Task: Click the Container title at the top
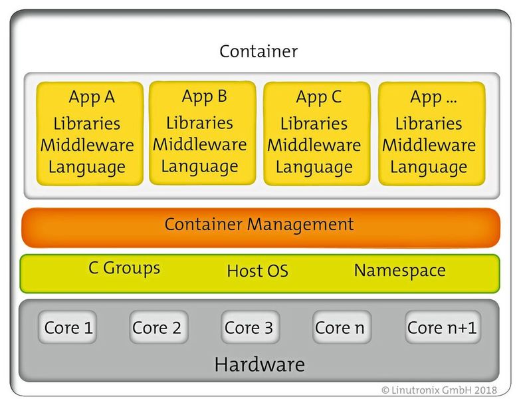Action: coord(259,51)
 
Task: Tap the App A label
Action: coord(92,97)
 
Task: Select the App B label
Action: coord(204,96)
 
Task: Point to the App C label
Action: coord(318,97)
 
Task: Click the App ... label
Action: coord(433,97)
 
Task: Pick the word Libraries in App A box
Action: coord(87,124)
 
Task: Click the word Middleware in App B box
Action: coord(200,144)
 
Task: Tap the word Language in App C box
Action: coord(314,167)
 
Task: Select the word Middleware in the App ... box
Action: coord(429,145)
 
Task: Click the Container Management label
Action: coord(259,224)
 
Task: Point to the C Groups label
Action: coord(124,268)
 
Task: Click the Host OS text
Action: coord(257,271)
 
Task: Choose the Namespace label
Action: coord(399,271)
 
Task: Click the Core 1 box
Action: coord(68,328)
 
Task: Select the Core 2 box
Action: coord(157,328)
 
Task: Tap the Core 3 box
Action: coord(249,328)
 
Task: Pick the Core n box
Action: coord(340,328)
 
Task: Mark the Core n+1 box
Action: coord(442,328)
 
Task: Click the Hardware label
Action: coord(259,364)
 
